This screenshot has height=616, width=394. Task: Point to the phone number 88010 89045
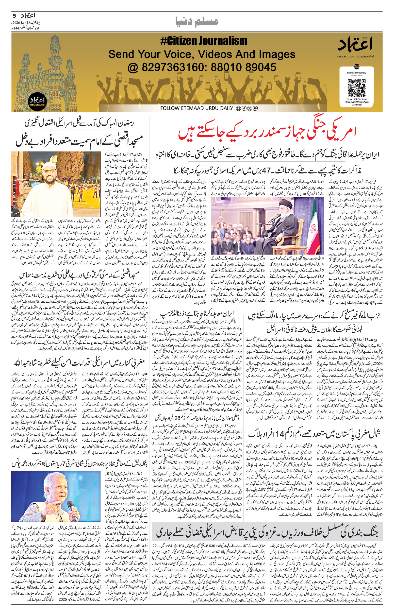tap(244, 67)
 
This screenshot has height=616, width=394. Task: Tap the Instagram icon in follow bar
tap(238, 108)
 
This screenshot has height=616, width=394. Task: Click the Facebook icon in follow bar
tap(244, 108)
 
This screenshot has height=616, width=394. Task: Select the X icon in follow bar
tap(249, 108)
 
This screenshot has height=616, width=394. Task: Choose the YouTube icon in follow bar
tap(255, 108)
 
